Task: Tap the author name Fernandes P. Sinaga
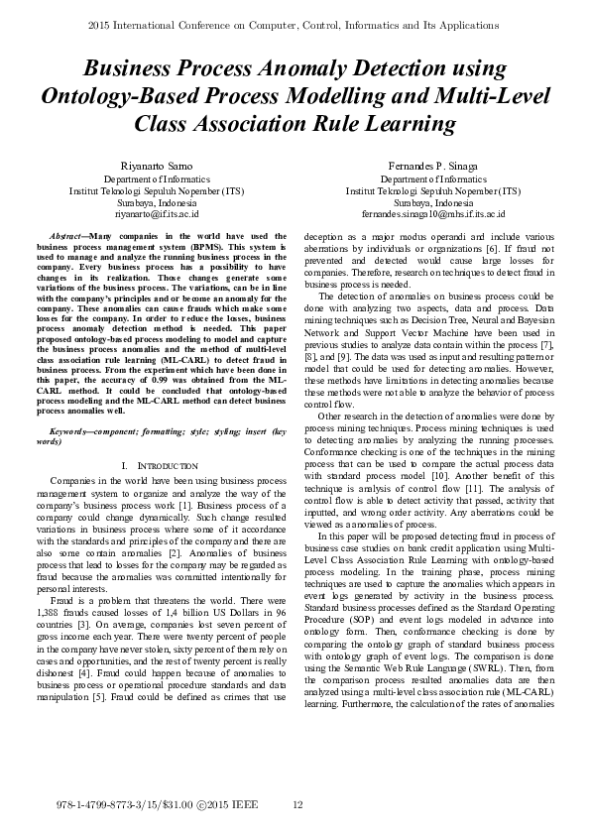point(433,165)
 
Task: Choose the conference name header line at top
point(295,22)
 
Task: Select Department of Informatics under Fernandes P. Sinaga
point(433,178)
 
